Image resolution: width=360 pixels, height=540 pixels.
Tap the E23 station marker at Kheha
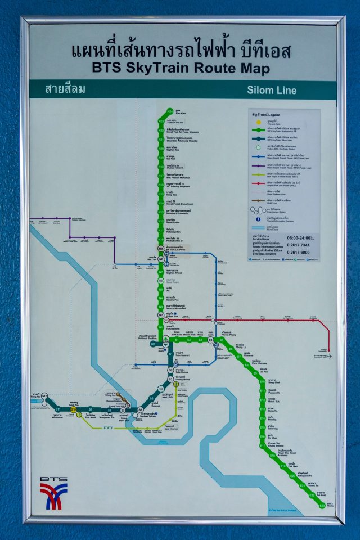322,505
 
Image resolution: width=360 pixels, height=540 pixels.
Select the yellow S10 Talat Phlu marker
73,409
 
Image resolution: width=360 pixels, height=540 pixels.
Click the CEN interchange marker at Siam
166,341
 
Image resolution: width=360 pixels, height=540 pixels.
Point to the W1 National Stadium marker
153,344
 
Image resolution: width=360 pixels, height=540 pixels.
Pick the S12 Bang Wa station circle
45,397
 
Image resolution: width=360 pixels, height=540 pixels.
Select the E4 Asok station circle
210,340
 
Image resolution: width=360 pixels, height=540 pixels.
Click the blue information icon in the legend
258,218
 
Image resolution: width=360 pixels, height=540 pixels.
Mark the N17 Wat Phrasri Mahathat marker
161,175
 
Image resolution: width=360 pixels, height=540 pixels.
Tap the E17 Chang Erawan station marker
263,445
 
